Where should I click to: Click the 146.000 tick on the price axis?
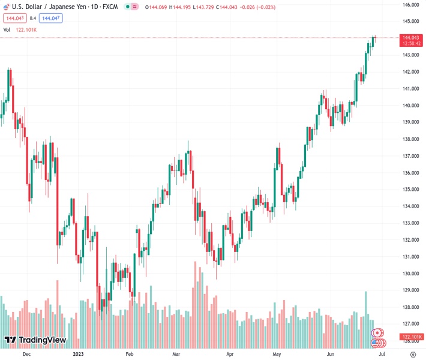coord(411,5)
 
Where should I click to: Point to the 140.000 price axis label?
coord(411,106)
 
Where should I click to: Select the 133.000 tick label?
coord(411,223)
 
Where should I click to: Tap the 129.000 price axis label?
coord(411,290)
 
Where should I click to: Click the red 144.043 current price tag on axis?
coord(411,37)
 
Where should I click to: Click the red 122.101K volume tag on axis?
coord(412,337)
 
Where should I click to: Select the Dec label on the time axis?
coord(26,355)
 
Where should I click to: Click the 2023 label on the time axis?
coord(79,355)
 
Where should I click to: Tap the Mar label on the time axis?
coord(176,355)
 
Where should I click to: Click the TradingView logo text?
coord(42,340)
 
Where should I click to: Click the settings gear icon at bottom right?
coord(412,355)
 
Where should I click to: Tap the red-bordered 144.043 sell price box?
coord(14,18)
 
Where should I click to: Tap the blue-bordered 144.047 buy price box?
coord(50,18)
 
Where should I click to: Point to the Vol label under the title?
coord(7,29)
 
